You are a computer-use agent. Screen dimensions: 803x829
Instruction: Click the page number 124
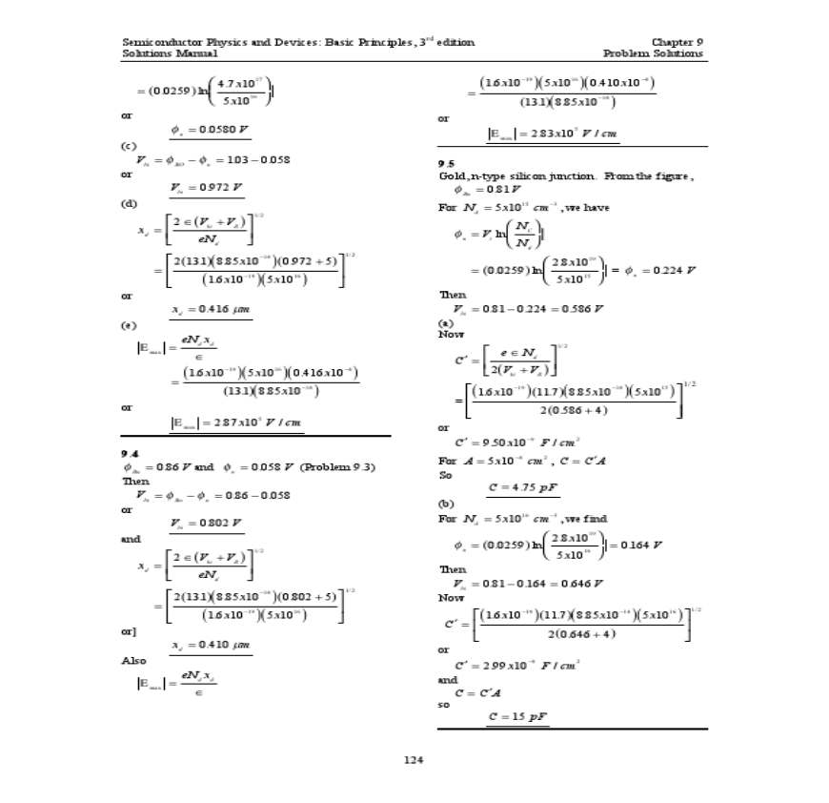pos(413,760)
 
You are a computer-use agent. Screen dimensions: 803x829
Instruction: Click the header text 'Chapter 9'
pos(677,42)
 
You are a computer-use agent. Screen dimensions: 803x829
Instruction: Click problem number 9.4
pos(130,454)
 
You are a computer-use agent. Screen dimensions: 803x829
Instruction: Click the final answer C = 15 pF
pos(517,716)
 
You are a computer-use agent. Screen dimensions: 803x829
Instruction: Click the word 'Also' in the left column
pos(133,660)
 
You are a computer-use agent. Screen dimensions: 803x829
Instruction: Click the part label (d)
pos(129,203)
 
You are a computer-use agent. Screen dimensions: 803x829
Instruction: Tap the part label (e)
pos(129,325)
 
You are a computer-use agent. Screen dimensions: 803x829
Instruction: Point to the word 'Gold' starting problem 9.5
pos(449,176)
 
